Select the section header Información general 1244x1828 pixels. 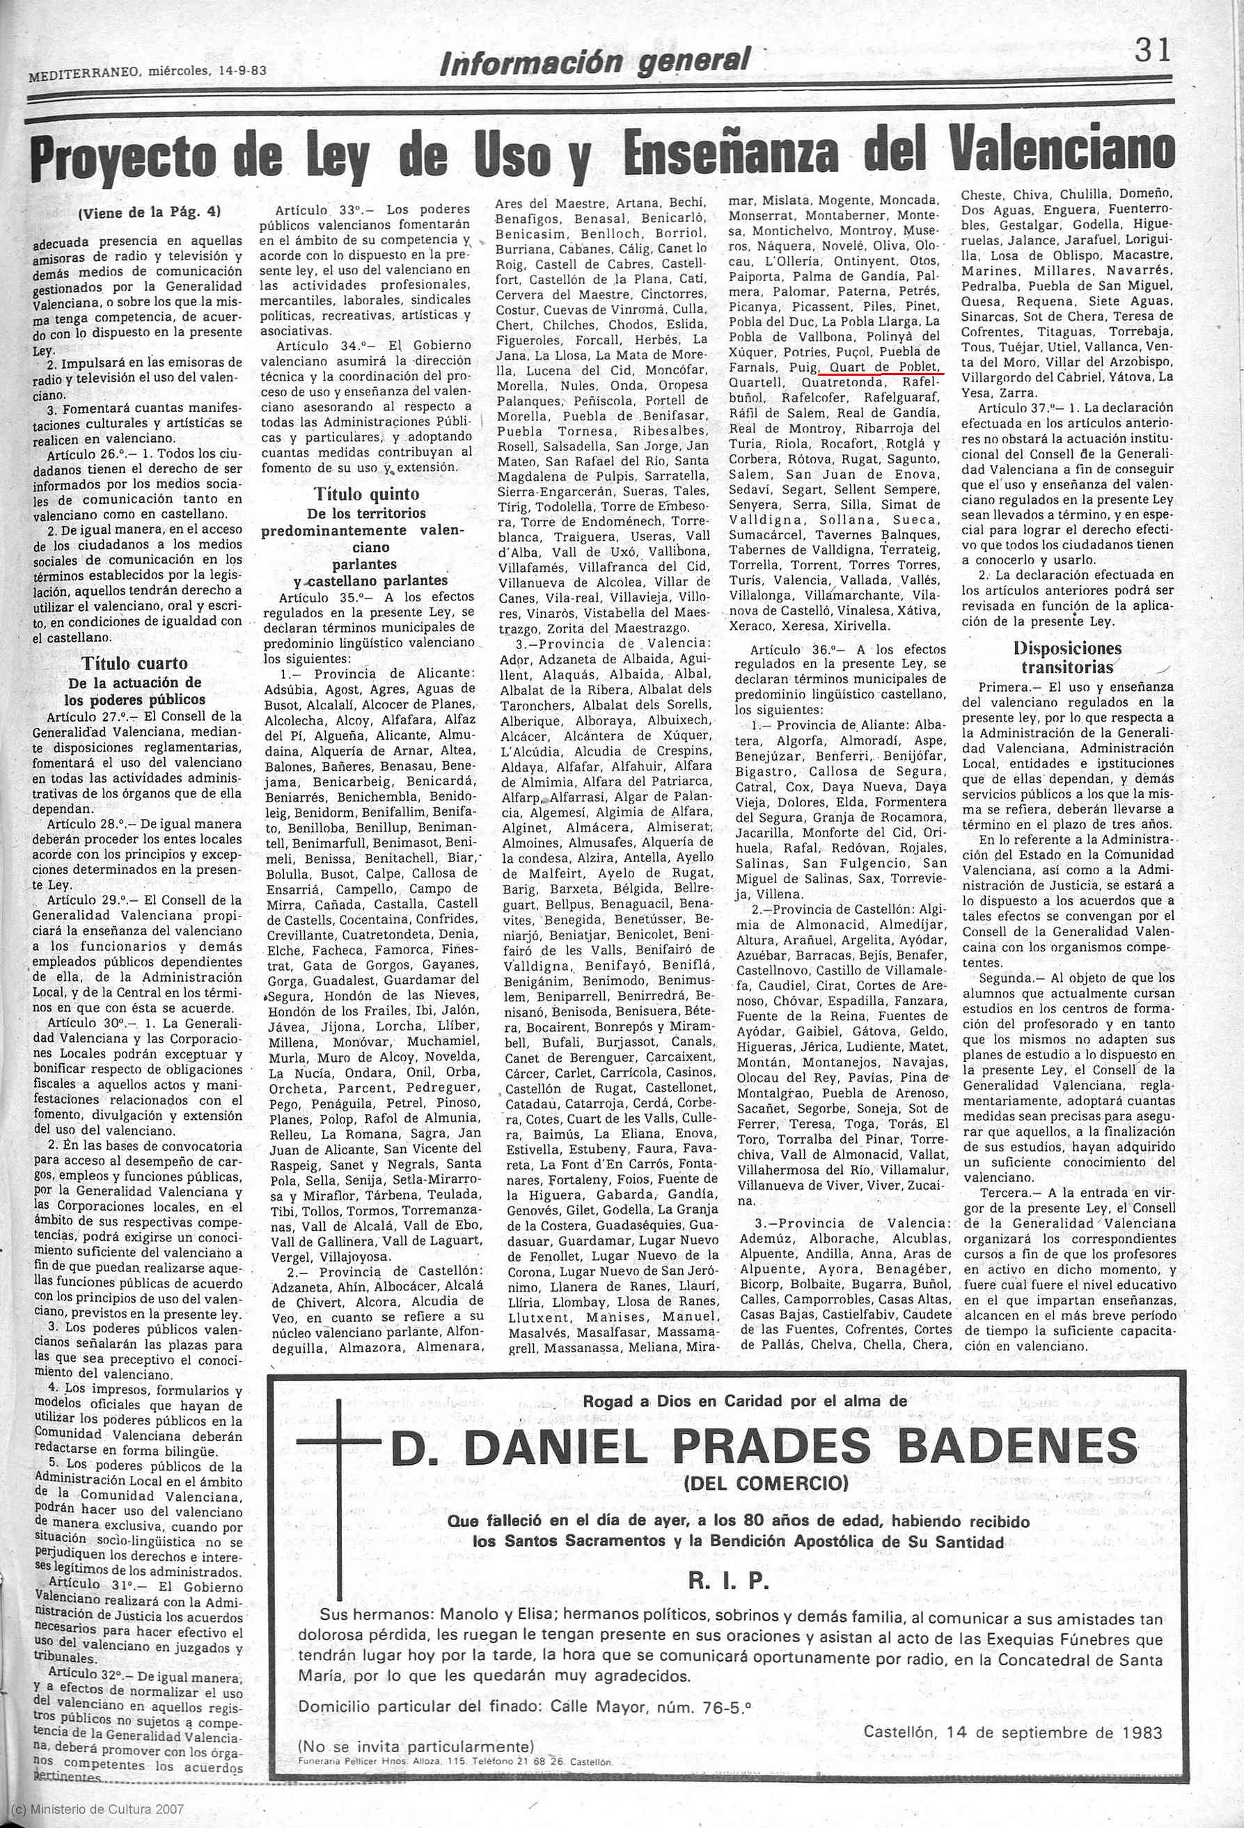coord(595,61)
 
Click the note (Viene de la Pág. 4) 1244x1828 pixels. coord(150,212)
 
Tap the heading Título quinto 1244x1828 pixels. coord(367,494)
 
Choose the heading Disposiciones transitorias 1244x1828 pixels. coord(1067,658)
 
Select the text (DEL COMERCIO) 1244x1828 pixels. coord(766,1484)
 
